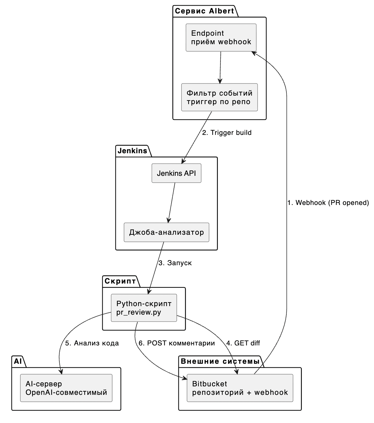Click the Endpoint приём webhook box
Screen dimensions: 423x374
coord(221,37)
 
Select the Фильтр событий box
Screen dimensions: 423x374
coord(219,97)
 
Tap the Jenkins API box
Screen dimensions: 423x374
coord(176,173)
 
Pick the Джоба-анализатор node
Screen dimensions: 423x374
coord(166,232)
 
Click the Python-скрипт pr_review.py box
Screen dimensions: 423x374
coord(144,308)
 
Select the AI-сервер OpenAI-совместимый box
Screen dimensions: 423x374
coord(66,388)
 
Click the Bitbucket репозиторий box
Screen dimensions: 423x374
coord(240,388)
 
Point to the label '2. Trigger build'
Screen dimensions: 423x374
coord(227,133)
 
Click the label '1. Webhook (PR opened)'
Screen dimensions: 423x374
coord(328,203)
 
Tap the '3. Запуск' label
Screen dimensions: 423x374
coord(175,263)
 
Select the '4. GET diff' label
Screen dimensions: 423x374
coord(243,343)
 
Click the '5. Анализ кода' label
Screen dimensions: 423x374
coord(92,343)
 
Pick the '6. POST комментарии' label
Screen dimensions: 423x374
coord(177,343)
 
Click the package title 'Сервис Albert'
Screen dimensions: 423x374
coord(204,11)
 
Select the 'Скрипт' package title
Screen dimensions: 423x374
coord(120,281)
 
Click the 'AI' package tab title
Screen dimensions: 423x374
coord(18,361)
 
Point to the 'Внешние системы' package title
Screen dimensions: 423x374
coord(220,361)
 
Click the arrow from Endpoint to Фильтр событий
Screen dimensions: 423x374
coord(220,67)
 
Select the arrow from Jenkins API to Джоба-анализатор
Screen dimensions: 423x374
coord(171,202)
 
